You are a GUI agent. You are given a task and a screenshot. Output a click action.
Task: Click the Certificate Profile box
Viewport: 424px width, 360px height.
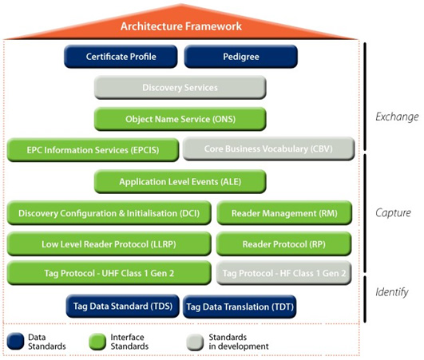pyautogui.click(x=121, y=57)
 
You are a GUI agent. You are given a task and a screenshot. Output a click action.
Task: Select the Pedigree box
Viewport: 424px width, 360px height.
pyautogui.click(x=241, y=57)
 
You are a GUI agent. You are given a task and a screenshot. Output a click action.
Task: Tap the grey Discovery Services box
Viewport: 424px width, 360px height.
pyautogui.click(x=180, y=87)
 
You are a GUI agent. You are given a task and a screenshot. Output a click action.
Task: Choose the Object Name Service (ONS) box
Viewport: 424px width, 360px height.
pyautogui.click(x=180, y=119)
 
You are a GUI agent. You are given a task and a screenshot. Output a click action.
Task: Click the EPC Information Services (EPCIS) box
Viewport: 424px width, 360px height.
pyautogui.click(x=93, y=150)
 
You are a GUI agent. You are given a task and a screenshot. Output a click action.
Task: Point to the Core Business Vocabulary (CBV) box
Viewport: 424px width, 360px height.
pyautogui.click(x=268, y=148)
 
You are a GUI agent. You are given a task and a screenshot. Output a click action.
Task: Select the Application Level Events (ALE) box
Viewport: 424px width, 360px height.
pyautogui.click(x=180, y=182)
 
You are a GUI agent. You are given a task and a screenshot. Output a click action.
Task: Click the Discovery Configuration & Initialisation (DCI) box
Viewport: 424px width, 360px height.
pyautogui.click(x=109, y=213)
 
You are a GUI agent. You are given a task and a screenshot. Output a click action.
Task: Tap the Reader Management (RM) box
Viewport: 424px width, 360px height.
pyautogui.click(x=284, y=213)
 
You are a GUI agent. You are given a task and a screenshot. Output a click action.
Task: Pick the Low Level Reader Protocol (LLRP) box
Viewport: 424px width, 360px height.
pyautogui.click(x=109, y=244)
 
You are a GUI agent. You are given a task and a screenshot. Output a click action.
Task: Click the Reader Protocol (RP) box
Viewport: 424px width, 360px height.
pyautogui.click(x=284, y=244)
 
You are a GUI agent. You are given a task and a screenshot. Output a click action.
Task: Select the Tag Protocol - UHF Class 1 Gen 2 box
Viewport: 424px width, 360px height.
pyautogui.click(x=109, y=273)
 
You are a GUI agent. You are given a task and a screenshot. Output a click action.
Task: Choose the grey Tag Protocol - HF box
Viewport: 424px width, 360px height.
pyautogui.click(x=284, y=273)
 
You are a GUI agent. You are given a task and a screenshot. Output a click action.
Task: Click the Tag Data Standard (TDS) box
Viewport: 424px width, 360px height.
pyautogui.click(x=123, y=307)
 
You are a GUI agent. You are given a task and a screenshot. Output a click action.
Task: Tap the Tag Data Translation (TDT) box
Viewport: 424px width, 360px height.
pyautogui.click(x=240, y=307)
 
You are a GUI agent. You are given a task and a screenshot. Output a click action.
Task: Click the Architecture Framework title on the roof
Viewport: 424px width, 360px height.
pyautogui.click(x=181, y=26)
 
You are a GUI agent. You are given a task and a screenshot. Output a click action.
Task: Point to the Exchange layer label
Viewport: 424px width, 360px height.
pyautogui.click(x=397, y=117)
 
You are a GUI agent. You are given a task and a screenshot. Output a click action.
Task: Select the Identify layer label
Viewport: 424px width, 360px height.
pyautogui.click(x=392, y=292)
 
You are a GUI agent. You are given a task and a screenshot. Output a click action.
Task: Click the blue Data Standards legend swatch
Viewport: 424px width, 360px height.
pyautogui.click(x=15, y=342)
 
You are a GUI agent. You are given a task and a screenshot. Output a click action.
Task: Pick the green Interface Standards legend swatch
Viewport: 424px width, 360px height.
pyautogui.click(x=97, y=342)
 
